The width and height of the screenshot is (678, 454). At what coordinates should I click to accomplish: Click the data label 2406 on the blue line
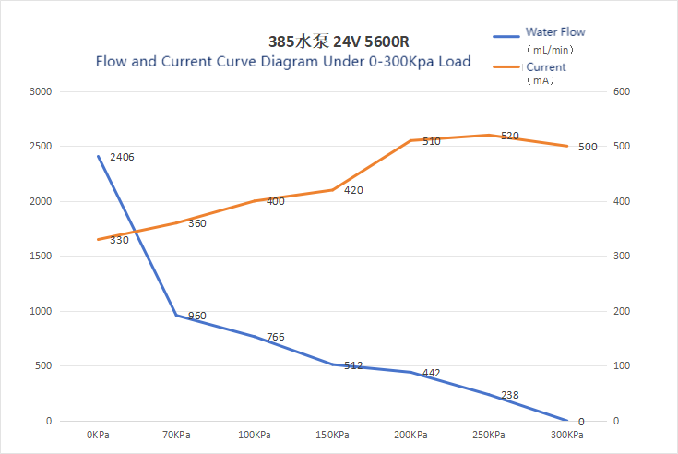[x=122, y=157]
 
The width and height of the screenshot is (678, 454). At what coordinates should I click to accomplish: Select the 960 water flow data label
[x=196, y=316]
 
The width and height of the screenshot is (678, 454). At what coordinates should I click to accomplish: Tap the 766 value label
[x=275, y=337]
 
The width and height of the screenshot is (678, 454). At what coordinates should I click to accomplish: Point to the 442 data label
[x=431, y=373]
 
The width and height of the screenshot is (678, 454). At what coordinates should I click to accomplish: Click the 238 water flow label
[x=509, y=395]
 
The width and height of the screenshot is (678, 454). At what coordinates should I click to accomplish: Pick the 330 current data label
[x=119, y=240]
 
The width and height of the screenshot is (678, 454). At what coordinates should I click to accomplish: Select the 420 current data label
[x=353, y=191]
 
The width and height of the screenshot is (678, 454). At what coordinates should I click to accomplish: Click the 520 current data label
[x=510, y=136]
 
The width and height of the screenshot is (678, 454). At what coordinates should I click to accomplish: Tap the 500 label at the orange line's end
[x=588, y=147]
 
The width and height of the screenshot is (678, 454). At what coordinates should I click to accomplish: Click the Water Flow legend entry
[x=554, y=32]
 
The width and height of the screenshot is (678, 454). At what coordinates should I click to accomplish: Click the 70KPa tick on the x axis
[x=176, y=435]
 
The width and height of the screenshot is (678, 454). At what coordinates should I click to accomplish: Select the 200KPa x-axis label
[x=410, y=435]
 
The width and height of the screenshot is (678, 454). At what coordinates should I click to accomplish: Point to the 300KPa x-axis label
[x=566, y=435]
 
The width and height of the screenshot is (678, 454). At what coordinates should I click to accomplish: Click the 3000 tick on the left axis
[x=41, y=92]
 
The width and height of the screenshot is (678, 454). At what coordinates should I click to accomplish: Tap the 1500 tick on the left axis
[x=41, y=257]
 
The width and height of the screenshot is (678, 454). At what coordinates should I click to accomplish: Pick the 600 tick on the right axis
[x=622, y=92]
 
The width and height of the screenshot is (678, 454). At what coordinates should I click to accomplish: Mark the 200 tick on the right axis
[x=622, y=312]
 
